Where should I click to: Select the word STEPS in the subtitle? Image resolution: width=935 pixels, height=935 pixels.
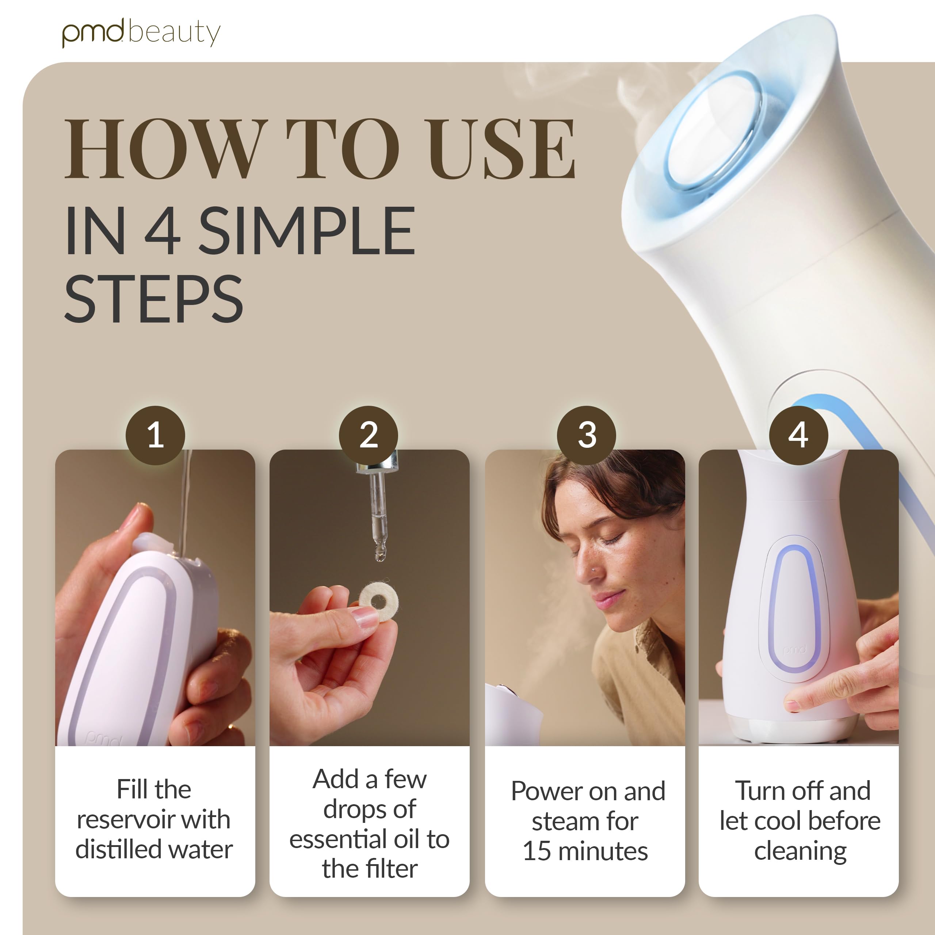(153, 299)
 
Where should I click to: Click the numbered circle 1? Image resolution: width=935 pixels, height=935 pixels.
(155, 435)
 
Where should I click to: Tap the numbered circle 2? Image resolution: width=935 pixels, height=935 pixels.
(368, 435)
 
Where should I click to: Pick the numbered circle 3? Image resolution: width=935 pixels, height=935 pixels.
(587, 435)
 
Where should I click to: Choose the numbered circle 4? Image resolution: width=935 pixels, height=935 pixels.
(798, 435)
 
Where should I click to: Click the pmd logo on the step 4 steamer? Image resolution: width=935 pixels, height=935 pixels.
(794, 649)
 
